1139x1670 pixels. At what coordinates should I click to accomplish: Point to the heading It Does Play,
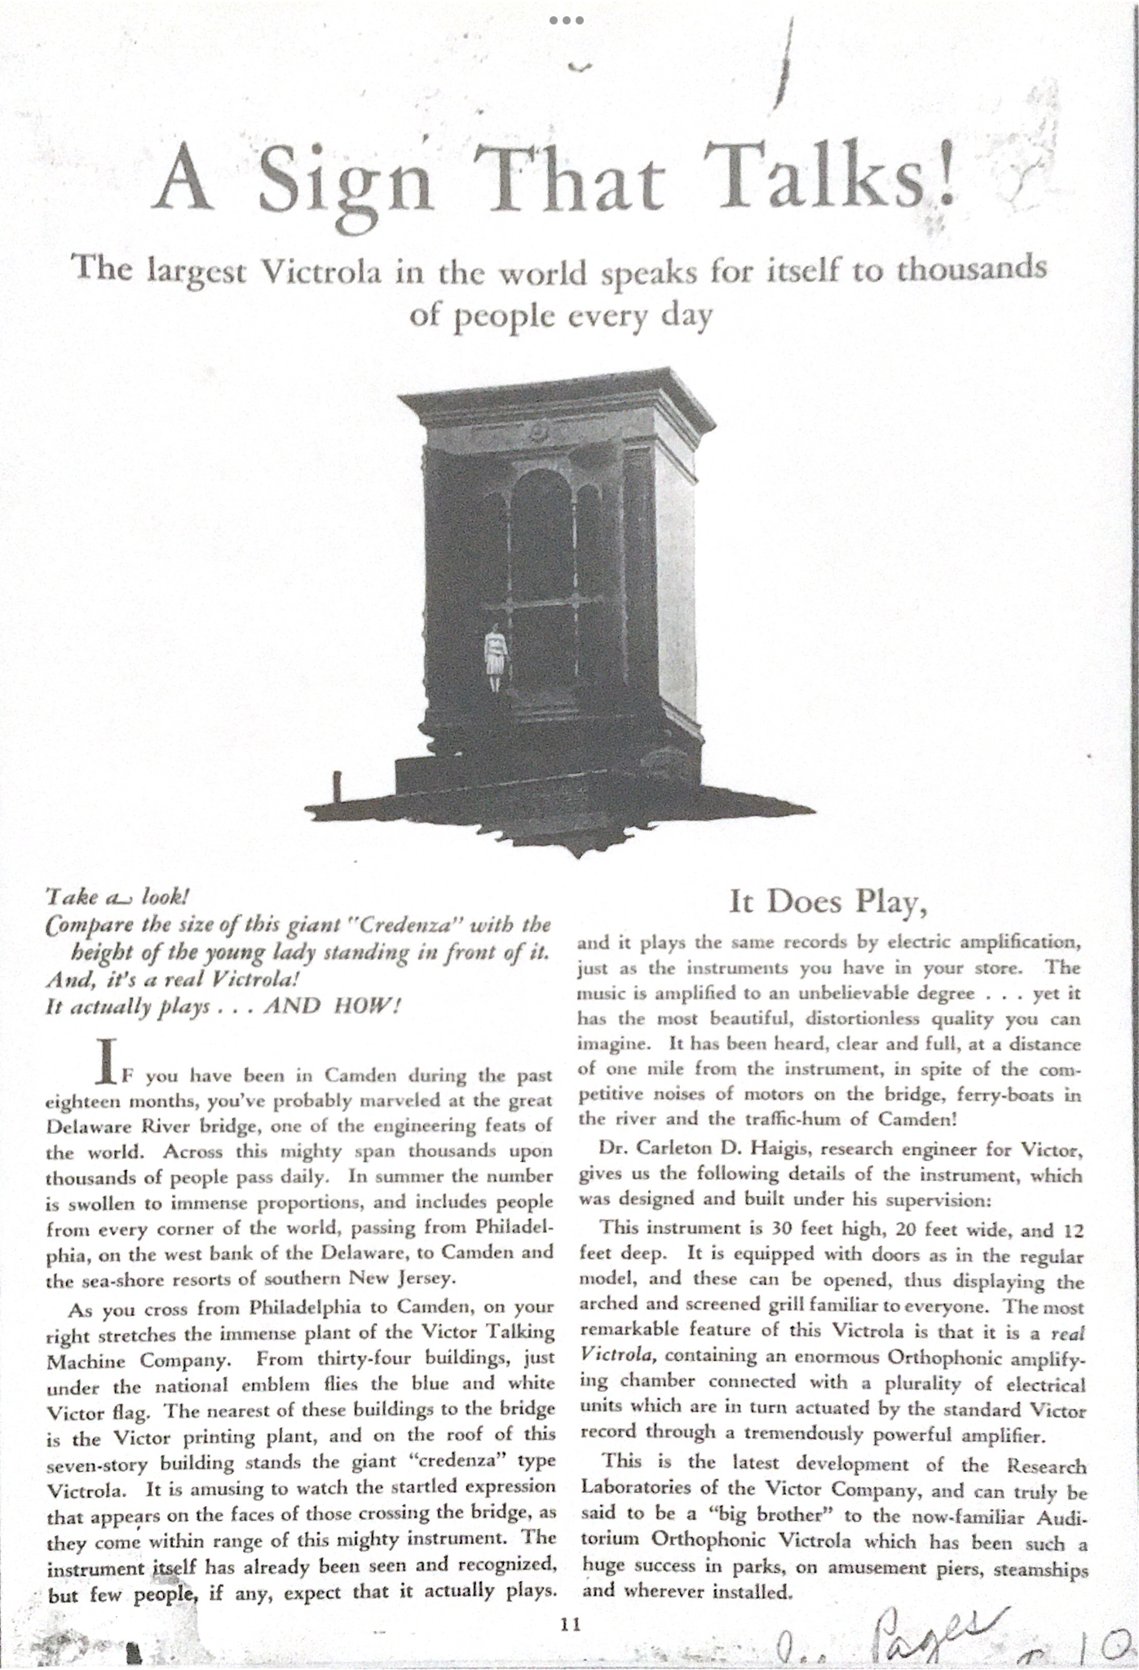click(x=829, y=902)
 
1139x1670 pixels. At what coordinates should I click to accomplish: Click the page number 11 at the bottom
click(x=570, y=1624)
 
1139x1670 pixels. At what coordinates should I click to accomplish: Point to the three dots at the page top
click(x=566, y=20)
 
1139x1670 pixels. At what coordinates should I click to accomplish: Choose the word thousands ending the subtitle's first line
click(x=971, y=270)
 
